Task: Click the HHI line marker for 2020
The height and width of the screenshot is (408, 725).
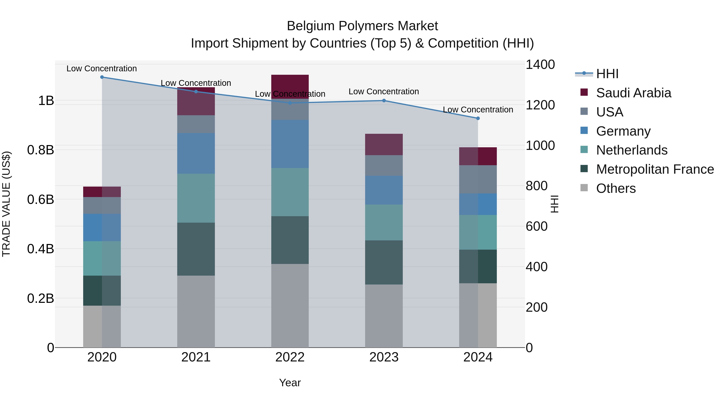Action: tap(102, 77)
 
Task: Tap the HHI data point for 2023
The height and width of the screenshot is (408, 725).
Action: tap(384, 101)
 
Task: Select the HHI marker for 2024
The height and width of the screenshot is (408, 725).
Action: tap(478, 118)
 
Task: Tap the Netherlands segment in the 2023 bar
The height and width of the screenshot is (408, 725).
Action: tap(384, 222)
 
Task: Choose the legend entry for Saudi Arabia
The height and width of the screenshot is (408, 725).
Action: tap(633, 93)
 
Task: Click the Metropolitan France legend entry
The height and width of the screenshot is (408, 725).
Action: tap(655, 169)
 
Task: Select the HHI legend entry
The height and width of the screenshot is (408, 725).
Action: tap(607, 74)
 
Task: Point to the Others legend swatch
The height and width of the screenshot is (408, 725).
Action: tap(584, 188)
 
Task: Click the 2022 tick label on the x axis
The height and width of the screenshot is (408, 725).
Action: tap(290, 357)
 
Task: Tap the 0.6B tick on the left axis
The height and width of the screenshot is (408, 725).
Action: tap(40, 199)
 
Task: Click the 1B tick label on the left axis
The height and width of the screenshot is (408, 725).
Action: tap(46, 101)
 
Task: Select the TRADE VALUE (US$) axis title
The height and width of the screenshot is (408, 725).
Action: tap(6, 204)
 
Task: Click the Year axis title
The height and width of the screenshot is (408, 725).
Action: tap(290, 383)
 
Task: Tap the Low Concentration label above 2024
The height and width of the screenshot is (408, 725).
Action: tap(478, 110)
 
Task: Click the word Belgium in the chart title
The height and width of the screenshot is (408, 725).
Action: tap(310, 26)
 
